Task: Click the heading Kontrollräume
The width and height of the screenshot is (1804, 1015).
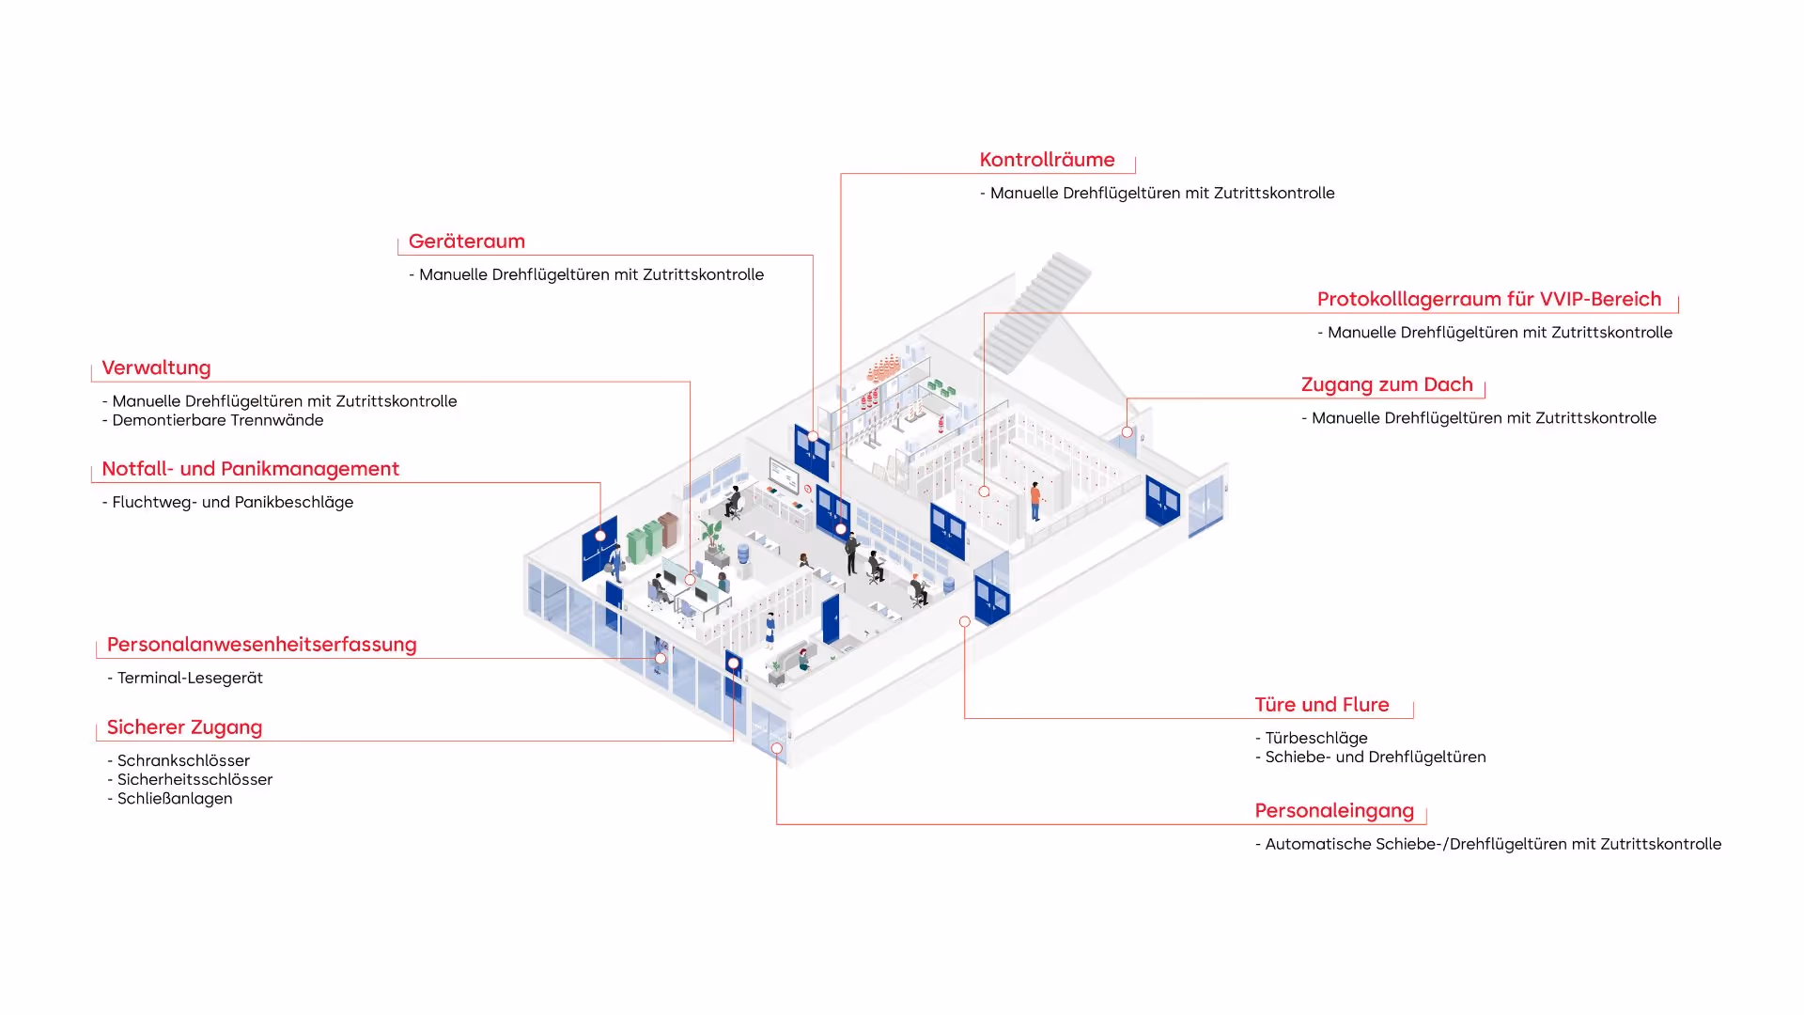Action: click(x=1047, y=160)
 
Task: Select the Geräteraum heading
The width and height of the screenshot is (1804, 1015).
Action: click(x=466, y=242)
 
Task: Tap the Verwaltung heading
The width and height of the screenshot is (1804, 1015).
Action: click(x=156, y=368)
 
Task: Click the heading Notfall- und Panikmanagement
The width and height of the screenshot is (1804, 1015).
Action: click(x=250, y=469)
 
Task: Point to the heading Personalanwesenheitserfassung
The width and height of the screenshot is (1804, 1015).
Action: click(x=261, y=645)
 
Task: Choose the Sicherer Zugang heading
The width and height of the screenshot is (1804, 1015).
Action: click(x=184, y=727)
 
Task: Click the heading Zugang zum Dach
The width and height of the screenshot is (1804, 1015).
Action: click(x=1386, y=384)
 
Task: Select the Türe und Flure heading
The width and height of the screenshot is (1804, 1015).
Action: click(x=1321, y=705)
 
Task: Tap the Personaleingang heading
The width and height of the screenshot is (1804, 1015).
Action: click(x=1333, y=811)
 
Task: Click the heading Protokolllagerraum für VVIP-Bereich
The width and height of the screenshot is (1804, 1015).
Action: click(x=1488, y=299)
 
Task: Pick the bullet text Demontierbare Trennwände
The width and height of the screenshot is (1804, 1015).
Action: click(x=217, y=420)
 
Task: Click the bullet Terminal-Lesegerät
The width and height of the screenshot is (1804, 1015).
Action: click(x=189, y=678)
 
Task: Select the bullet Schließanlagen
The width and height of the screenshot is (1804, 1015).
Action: click(x=174, y=799)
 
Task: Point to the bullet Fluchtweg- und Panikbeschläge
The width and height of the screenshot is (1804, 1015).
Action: click(x=232, y=502)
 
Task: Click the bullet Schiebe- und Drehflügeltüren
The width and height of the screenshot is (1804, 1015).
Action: click(x=1375, y=757)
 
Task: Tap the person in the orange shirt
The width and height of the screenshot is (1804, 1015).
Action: click(x=1035, y=500)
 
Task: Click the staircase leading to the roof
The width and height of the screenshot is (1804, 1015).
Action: click(x=1034, y=310)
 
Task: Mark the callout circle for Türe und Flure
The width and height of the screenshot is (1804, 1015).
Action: click(x=964, y=622)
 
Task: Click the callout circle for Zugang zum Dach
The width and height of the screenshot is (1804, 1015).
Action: click(x=1127, y=432)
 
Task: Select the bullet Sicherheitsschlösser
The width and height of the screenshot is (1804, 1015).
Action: click(x=194, y=780)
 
